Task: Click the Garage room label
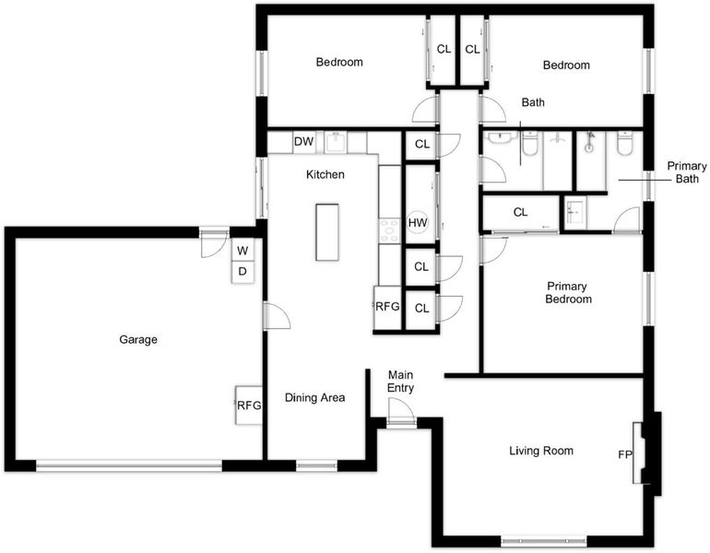[x=138, y=339]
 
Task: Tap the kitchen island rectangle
[x=327, y=232]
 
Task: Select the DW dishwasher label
[x=304, y=142]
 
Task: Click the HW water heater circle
[x=418, y=223]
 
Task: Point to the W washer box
[x=243, y=251]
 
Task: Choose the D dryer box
[x=243, y=272]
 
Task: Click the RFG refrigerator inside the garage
[x=249, y=406]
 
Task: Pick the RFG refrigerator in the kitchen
[x=387, y=307]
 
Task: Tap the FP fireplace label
[x=625, y=454]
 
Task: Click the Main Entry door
[x=401, y=412]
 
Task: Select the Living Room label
[x=541, y=451]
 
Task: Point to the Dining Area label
[x=314, y=398]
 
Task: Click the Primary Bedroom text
[x=568, y=292]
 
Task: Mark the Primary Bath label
[x=686, y=172]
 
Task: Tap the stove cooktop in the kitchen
[x=389, y=231]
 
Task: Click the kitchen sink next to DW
[x=336, y=142]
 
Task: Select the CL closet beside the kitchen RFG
[x=421, y=308]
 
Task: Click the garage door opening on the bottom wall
[x=129, y=465]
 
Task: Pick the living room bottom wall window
[x=543, y=541]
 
